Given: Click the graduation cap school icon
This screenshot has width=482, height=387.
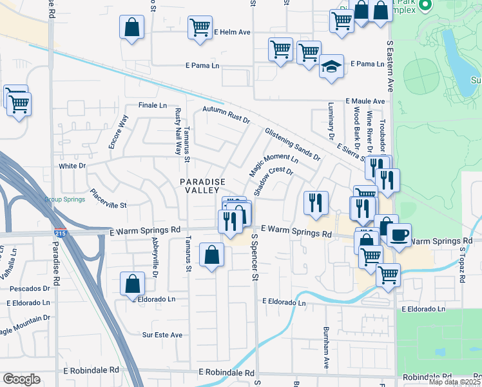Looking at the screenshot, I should tap(331, 67).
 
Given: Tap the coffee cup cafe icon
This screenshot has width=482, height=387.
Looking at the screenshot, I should tap(398, 234).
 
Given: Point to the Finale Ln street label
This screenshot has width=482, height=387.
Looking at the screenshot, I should tap(152, 105).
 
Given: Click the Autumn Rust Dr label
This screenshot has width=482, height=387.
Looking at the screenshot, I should tap(226, 115).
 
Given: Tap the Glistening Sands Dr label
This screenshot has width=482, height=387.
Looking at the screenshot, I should tap(292, 144).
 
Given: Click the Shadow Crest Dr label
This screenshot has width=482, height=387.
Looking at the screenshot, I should tap(273, 182).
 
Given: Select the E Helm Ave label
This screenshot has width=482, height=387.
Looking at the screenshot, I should tap(233, 32).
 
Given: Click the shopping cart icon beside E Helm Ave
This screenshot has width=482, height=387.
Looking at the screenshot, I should tap(200, 28).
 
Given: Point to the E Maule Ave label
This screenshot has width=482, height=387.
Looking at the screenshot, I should tap(365, 101).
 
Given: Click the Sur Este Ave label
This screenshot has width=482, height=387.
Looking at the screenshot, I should tap(162, 335).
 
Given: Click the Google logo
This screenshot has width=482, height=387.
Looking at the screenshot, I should tap(21, 379).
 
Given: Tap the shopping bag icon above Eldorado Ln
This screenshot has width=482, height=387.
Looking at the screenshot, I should tap(132, 284).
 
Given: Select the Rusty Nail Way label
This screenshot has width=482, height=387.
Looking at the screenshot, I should tap(178, 132).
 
